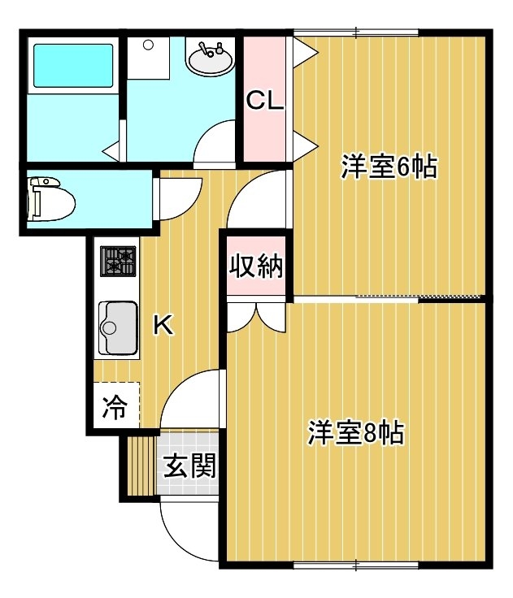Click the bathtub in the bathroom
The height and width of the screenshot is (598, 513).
click(x=73, y=66)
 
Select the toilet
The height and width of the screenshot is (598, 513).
click(x=50, y=198)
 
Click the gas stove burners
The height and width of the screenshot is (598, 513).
click(x=118, y=262)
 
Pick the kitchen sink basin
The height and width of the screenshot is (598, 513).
click(x=119, y=328)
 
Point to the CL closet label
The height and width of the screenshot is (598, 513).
click(x=265, y=101)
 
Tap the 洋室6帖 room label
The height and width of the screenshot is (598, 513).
click(x=389, y=167)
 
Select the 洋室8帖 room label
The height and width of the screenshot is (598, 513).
click(x=356, y=432)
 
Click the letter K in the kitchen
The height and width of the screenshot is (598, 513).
click(x=163, y=325)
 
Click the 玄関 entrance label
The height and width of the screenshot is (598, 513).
click(x=190, y=466)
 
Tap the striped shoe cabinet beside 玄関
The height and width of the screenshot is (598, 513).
click(x=141, y=466)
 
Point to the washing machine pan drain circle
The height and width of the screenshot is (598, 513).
click(x=148, y=45)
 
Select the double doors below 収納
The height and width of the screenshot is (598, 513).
click(x=256, y=318)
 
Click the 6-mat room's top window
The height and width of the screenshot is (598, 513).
click(x=356, y=32)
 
